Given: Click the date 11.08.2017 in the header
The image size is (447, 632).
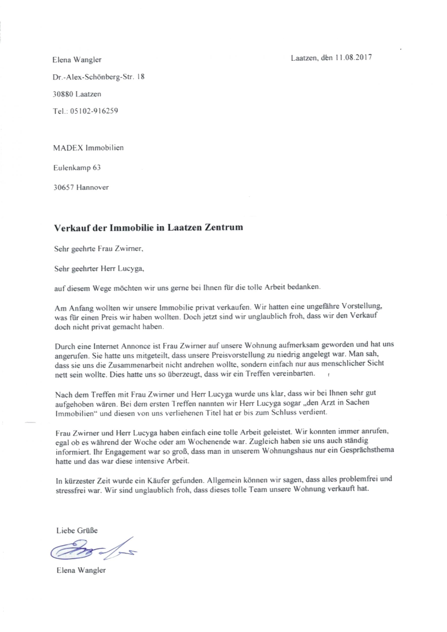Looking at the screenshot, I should click(354, 58).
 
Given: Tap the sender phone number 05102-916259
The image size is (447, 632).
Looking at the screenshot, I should click(94, 111).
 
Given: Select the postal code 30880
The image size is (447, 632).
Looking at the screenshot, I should click(63, 94).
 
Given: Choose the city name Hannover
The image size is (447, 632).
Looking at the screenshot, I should click(93, 187).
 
